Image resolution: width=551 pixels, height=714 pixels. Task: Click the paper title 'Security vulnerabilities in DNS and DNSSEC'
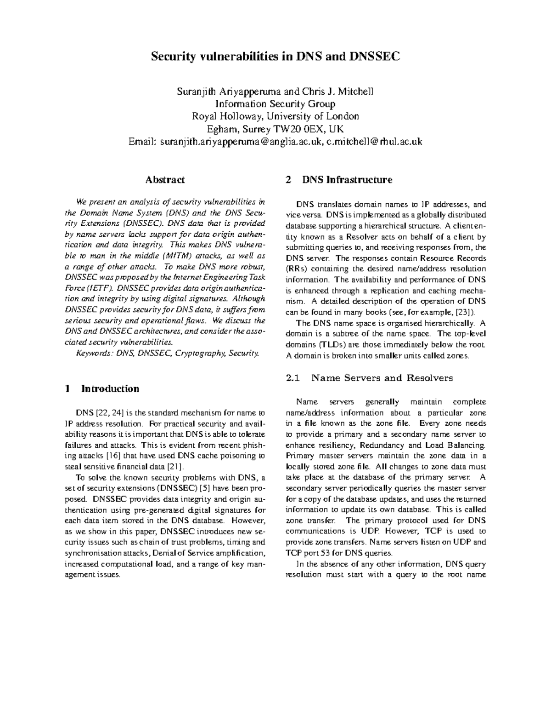pos(275,57)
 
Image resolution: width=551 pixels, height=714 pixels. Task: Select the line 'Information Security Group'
pos(275,103)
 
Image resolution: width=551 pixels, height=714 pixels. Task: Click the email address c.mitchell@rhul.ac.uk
pos(371,142)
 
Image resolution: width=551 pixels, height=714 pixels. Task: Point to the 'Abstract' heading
pos(165,180)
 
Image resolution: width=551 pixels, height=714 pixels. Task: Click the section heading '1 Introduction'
pos(102,389)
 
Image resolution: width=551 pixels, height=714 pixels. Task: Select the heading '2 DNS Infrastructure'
pos(339,180)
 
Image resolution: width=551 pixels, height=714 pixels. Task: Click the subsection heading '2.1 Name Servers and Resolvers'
pos(369,378)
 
